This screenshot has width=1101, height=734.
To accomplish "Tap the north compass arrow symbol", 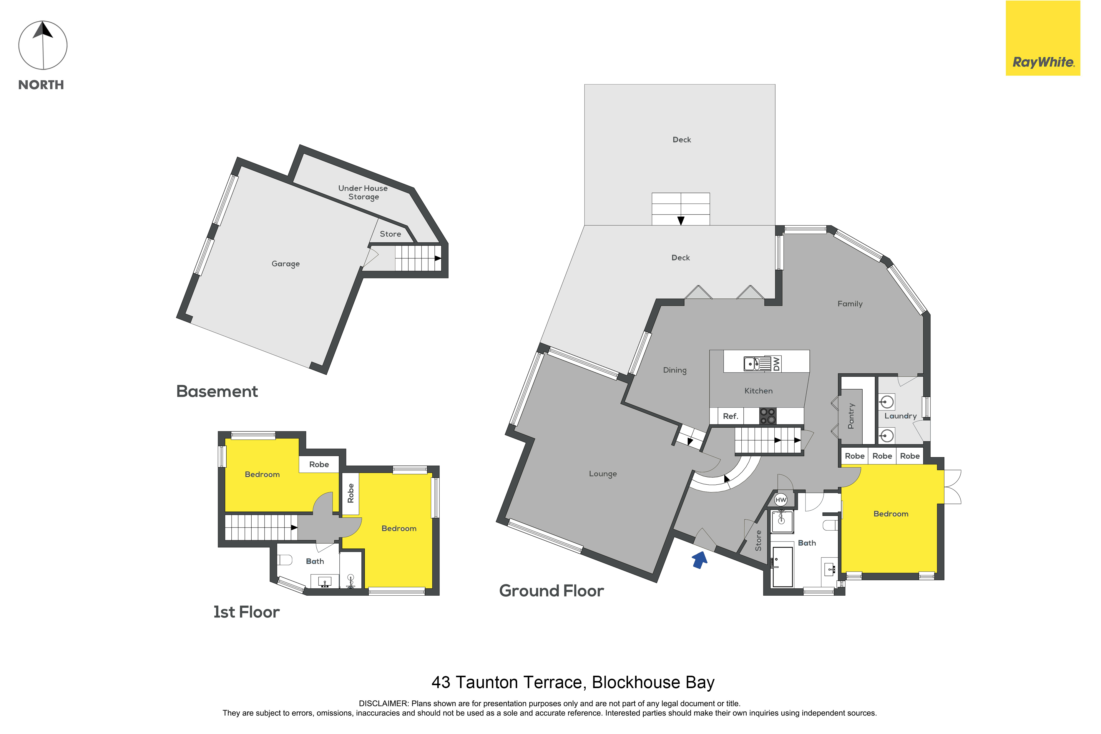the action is click(43, 45).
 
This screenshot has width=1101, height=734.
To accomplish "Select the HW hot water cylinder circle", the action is click(780, 500).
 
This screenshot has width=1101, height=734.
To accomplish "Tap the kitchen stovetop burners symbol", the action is click(768, 416).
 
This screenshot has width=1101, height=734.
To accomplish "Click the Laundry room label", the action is click(900, 416).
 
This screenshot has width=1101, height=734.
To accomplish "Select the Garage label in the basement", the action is click(285, 264).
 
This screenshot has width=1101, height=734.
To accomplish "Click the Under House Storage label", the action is click(363, 192).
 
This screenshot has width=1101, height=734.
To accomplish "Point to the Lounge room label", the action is click(603, 474).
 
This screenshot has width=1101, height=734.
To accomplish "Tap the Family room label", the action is click(850, 304).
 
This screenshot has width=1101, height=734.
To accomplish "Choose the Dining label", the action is click(675, 370).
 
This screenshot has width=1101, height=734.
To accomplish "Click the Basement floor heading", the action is click(217, 391).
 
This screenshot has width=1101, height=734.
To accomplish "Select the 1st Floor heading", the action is click(246, 612).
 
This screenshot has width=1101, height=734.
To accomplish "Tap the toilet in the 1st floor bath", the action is click(285, 560).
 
